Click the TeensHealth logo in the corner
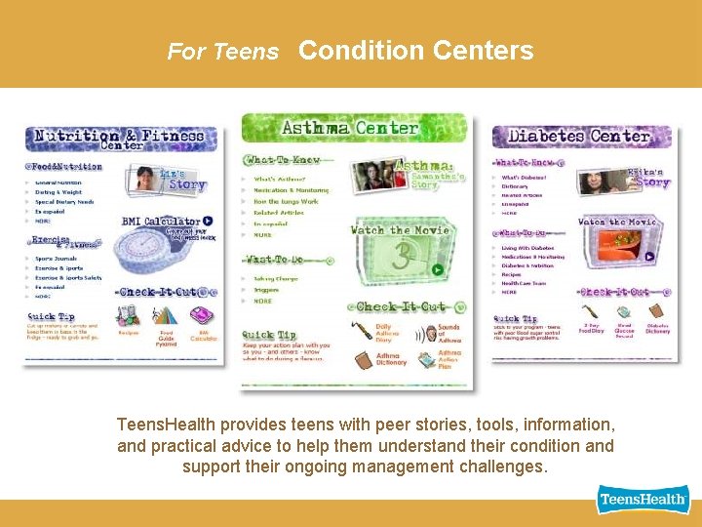pos(643,500)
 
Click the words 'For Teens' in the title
pos(222,52)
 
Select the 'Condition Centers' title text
pos(415,51)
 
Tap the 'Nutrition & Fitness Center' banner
pos(117,139)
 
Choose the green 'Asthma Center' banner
pos(350,128)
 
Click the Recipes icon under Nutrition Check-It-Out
pos(129,316)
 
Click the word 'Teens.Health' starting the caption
pos(166,425)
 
